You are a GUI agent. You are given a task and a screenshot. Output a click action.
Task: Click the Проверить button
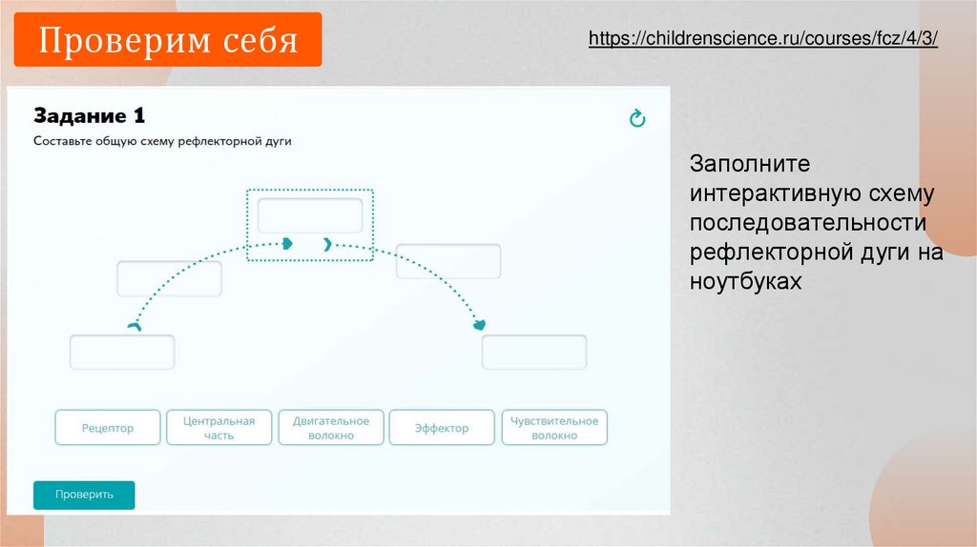[x=84, y=495]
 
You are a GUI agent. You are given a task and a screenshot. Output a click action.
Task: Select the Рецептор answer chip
[x=108, y=428]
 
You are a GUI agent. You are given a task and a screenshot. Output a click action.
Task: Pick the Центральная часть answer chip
[x=219, y=428]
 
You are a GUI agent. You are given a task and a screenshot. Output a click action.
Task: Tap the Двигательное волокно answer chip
[x=331, y=428]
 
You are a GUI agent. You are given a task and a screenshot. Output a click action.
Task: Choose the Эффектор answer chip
[x=442, y=428]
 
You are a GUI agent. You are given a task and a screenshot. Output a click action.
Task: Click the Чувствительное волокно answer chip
[x=554, y=428]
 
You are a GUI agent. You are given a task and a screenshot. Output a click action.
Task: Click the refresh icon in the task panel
[x=637, y=118]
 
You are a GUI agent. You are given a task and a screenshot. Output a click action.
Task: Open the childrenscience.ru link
[x=763, y=39]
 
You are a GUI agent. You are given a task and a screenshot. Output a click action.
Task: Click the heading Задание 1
[x=90, y=116]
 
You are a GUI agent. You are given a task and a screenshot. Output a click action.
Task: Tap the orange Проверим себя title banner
[x=169, y=41]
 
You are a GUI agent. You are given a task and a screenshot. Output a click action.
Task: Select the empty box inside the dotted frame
[x=310, y=215]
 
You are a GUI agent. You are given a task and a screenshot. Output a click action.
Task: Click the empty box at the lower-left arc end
[x=122, y=353]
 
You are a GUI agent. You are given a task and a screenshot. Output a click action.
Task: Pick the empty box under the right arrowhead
[x=533, y=353]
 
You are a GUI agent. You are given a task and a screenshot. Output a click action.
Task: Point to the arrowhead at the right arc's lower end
[x=481, y=326]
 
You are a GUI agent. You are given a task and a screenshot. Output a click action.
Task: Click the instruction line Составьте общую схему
[x=162, y=141]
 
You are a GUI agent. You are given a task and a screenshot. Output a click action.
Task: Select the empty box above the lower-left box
[x=169, y=278]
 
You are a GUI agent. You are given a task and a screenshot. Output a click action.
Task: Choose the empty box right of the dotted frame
[x=448, y=261]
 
